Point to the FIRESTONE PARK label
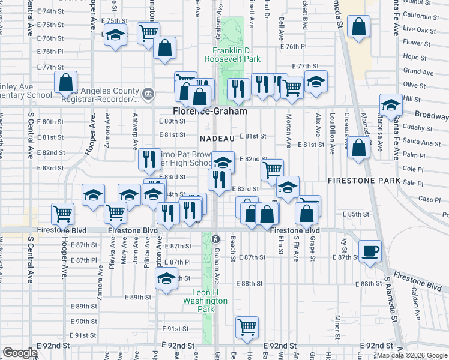(x=360, y=181)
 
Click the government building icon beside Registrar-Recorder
(x=148, y=94)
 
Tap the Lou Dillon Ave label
(x=332, y=136)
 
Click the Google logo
(x=20, y=353)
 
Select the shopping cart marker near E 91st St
(x=247, y=327)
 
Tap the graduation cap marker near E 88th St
(x=166, y=278)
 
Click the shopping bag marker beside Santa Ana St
(x=359, y=148)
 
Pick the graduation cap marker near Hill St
(x=391, y=104)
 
